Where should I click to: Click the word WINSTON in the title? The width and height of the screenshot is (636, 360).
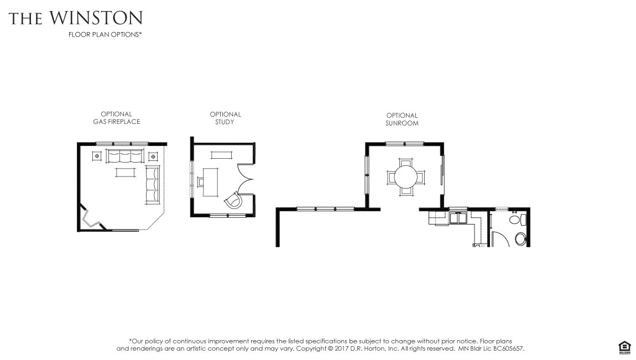click(96, 18)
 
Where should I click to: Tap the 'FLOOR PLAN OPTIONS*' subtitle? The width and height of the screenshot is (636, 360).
click(105, 34)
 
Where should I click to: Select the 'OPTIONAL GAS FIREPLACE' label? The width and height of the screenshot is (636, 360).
click(116, 118)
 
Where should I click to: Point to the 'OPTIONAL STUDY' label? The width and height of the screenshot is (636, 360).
click(225, 118)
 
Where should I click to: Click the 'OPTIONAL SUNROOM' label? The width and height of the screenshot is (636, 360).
click(402, 119)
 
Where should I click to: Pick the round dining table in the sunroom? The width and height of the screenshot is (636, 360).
click(406, 177)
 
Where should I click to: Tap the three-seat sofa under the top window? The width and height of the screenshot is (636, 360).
click(125, 156)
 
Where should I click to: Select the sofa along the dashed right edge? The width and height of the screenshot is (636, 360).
click(153, 185)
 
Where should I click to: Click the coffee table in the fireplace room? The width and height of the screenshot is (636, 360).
click(126, 173)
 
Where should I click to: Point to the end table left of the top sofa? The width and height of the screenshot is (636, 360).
click(97, 156)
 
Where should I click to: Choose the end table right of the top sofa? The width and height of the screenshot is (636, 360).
click(153, 156)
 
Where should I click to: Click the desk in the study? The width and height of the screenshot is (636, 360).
click(210, 182)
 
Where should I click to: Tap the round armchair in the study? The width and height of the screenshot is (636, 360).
click(233, 200)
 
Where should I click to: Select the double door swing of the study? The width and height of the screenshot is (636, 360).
click(244, 179)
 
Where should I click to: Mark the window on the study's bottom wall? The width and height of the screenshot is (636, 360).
click(227, 215)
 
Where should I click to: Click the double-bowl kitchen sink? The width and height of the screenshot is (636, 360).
click(459, 218)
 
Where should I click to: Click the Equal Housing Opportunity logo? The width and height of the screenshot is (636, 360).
click(624, 348)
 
